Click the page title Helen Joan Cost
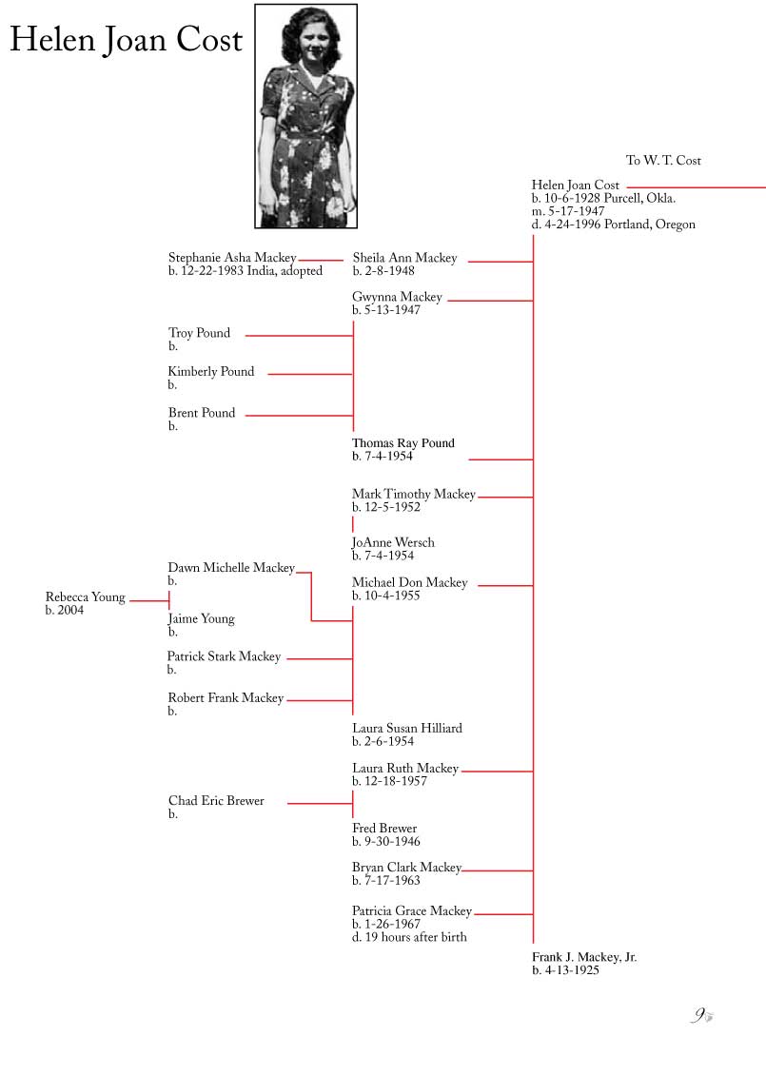[x=127, y=40]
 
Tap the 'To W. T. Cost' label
[x=663, y=161]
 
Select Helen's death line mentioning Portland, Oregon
[x=613, y=225]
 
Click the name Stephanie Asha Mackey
[x=232, y=258]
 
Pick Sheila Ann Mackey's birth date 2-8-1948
[x=383, y=271]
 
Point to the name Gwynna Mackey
[x=397, y=297]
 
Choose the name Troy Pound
[x=199, y=333]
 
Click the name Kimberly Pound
[x=210, y=372]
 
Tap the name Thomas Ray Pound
[x=403, y=443]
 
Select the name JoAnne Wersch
[x=393, y=542]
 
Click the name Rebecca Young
[x=85, y=597]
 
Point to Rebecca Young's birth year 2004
[x=65, y=610]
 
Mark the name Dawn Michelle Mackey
[x=231, y=568]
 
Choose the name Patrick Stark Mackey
[x=224, y=656]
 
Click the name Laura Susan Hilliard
[x=407, y=728]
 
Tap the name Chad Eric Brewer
[x=216, y=801]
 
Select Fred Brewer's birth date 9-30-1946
[x=386, y=842]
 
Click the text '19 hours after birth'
[x=416, y=937]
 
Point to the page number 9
[x=699, y=1015]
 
